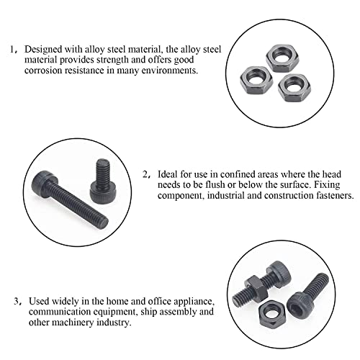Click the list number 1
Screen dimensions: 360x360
click(x=12, y=50)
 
